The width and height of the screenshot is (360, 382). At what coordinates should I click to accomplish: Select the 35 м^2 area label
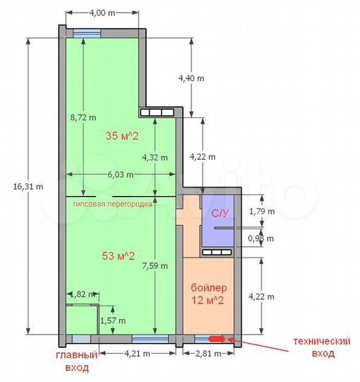(121, 136)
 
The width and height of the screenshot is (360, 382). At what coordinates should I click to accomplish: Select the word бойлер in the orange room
(209, 288)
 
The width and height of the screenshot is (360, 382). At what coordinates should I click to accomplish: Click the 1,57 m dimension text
(113, 320)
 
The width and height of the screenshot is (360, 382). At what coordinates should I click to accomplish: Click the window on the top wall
(86, 31)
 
